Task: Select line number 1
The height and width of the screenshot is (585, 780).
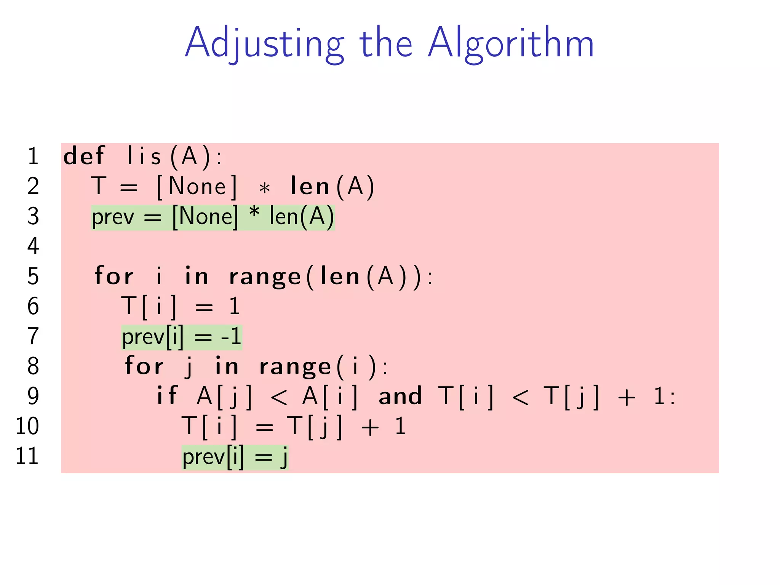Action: (33, 156)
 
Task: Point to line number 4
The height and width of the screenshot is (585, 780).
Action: (33, 246)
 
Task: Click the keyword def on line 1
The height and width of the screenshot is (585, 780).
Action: (83, 156)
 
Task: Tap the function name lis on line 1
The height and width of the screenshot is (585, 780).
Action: (144, 156)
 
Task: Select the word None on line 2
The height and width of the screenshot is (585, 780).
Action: (197, 186)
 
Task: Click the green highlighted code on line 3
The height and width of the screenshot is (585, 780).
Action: (213, 217)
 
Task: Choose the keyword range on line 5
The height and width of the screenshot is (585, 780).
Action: (265, 277)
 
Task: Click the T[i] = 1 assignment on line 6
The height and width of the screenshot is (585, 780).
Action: (180, 307)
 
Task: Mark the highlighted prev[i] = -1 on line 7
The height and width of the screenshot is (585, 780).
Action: (182, 337)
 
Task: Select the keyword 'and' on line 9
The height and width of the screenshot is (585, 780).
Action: (400, 396)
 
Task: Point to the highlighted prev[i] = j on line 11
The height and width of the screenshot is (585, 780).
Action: (235, 457)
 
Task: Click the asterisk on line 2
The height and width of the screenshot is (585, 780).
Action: (264, 188)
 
